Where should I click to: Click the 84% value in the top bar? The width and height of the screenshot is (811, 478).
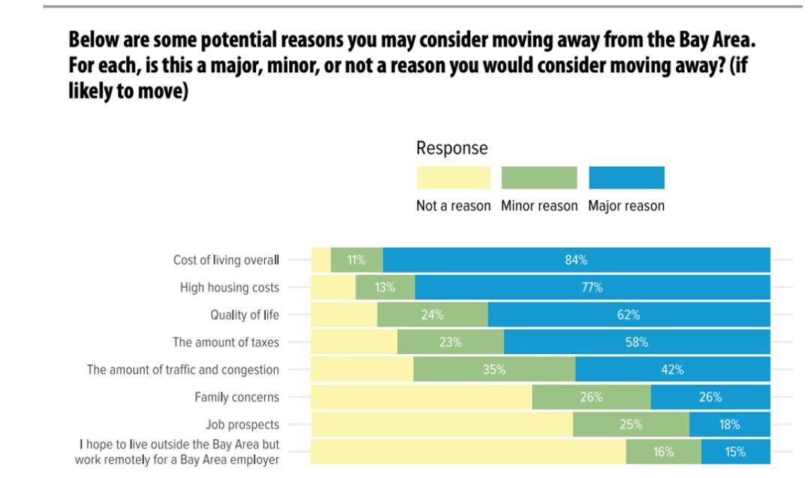tap(576, 260)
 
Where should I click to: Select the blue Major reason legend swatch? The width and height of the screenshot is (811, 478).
tap(626, 178)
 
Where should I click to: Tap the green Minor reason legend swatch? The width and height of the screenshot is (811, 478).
tap(539, 178)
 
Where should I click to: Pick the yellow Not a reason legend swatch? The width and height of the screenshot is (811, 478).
tap(453, 178)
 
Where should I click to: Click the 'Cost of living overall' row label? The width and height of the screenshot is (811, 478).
tap(226, 260)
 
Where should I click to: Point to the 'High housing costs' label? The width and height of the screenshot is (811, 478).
tap(229, 287)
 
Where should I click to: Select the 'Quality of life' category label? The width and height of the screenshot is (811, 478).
tap(244, 315)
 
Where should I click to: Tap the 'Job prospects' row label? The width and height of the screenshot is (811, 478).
tap(242, 425)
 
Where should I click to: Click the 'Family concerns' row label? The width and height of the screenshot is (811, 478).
tap(237, 397)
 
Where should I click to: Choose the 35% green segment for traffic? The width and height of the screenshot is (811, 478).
tap(494, 370)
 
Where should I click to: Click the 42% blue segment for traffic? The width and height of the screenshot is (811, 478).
tap(673, 370)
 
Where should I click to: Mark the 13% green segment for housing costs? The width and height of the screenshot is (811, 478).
tap(385, 287)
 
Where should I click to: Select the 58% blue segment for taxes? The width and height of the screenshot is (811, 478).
tap(637, 342)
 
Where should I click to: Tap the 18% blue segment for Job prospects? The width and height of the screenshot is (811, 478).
tap(729, 425)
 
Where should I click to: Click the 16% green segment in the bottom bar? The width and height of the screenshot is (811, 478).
tap(664, 452)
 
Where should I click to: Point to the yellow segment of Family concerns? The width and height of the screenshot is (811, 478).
tap(421, 397)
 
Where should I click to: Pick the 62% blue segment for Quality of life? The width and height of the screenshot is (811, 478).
tap(629, 315)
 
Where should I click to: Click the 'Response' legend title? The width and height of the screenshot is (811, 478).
tap(452, 148)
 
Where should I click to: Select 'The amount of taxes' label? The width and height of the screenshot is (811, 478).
tap(225, 342)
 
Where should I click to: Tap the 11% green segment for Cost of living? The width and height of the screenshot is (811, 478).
tap(357, 260)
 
